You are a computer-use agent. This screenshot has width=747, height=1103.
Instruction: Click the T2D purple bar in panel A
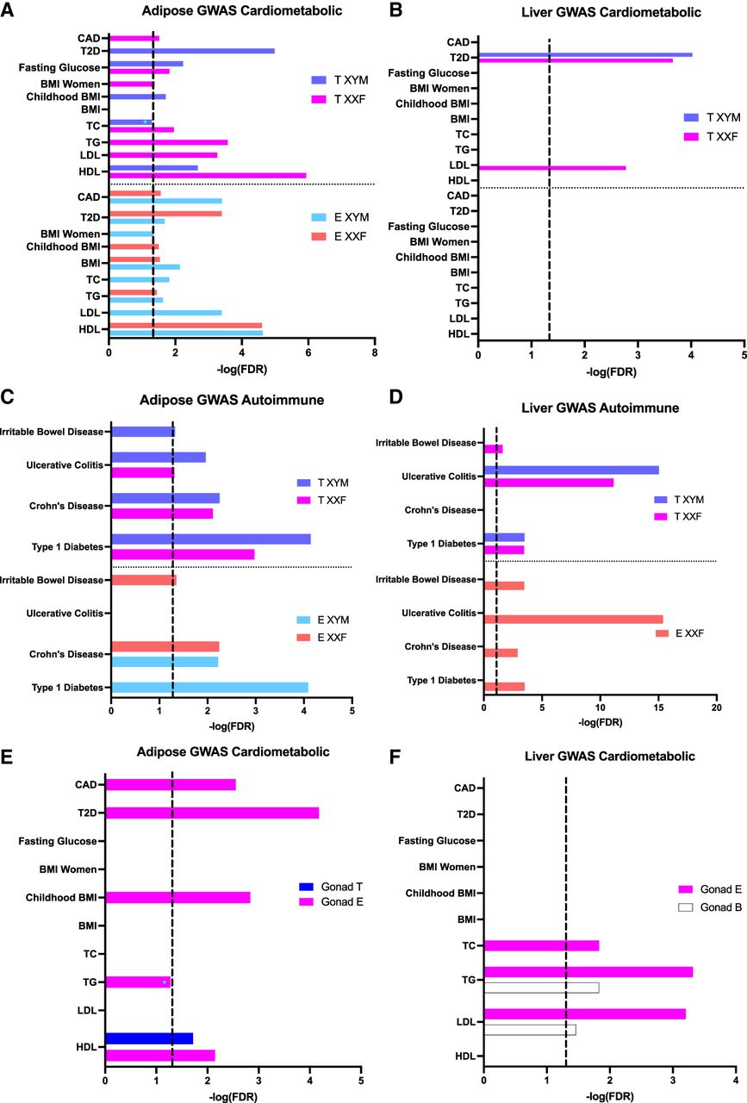coord(192,51)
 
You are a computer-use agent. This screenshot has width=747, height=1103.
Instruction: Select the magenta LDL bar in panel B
coord(552,168)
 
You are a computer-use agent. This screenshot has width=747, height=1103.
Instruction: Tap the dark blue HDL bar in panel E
coord(149,1038)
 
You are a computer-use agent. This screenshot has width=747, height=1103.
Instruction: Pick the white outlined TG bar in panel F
coord(542,988)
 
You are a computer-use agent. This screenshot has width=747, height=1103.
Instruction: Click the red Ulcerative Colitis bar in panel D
coord(573,620)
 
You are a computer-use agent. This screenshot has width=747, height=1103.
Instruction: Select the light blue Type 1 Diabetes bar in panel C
coord(209,688)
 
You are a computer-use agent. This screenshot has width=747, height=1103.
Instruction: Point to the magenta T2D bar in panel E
coord(212,813)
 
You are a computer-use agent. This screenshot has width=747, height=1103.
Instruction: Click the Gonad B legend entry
coord(710,907)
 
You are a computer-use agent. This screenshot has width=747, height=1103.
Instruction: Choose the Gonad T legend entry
coord(331,887)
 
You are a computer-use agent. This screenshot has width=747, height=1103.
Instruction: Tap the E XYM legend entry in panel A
coord(339,217)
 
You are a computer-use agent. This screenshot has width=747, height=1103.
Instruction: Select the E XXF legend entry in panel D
coord(680,633)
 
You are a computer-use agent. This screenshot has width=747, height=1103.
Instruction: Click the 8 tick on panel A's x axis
coord(375,352)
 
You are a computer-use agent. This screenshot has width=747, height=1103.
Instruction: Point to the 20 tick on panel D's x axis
coord(717,707)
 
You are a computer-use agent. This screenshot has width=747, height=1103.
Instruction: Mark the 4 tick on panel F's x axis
coord(736,1080)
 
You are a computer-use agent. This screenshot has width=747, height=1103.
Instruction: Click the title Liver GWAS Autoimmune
coord(601,408)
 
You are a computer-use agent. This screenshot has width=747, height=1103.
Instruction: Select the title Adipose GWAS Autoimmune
coord(232,400)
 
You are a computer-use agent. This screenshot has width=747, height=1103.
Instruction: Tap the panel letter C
coord(8,397)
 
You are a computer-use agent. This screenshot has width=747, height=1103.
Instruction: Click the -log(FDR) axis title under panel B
coord(611,372)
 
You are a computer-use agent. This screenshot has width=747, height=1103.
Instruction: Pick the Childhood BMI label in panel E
coord(61,898)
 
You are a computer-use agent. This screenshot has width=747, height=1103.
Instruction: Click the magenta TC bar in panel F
coord(542,945)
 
